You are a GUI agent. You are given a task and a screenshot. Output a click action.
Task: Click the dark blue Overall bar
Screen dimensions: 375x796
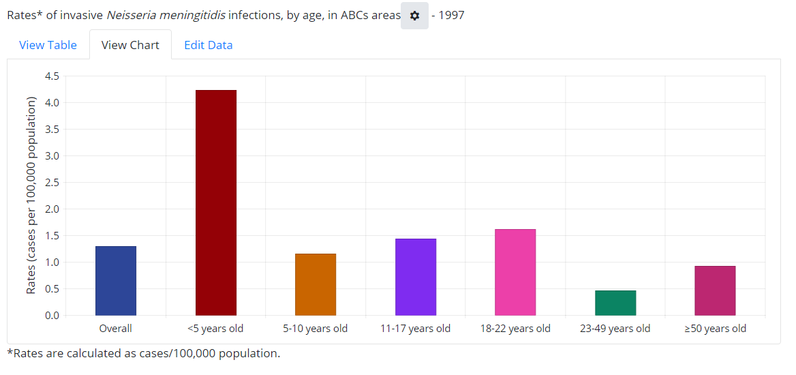click(x=116, y=280)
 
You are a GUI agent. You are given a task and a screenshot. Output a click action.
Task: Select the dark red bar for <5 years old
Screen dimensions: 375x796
click(x=215, y=202)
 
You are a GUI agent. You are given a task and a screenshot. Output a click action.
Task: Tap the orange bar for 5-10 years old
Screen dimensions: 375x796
click(x=316, y=284)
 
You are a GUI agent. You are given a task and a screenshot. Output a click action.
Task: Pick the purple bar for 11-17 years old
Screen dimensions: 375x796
click(x=416, y=277)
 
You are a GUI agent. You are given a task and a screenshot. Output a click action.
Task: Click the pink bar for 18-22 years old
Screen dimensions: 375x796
click(x=515, y=272)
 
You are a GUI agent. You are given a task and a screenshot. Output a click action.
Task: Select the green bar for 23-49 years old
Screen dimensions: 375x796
click(x=615, y=303)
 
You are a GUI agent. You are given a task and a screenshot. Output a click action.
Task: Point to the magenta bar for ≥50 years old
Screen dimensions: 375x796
click(x=715, y=290)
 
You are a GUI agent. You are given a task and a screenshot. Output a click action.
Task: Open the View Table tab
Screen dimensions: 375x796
click(x=48, y=45)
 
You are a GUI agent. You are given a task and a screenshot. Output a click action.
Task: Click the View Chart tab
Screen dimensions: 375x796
click(x=130, y=45)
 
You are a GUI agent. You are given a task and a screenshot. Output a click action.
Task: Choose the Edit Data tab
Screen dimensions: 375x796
click(x=209, y=45)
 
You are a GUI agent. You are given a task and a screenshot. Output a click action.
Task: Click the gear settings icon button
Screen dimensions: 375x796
click(x=414, y=16)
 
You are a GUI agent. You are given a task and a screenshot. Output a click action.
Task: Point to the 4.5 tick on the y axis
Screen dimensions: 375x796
click(x=52, y=76)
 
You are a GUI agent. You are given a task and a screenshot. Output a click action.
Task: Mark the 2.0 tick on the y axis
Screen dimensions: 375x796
click(x=52, y=209)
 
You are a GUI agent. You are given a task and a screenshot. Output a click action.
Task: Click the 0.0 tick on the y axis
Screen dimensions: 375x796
click(x=52, y=316)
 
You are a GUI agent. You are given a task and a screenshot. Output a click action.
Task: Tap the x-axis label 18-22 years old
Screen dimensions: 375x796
click(x=515, y=329)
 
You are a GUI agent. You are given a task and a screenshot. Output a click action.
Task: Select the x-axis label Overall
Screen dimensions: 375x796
click(x=116, y=329)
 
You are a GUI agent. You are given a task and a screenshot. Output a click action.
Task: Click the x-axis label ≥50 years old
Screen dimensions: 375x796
click(x=715, y=329)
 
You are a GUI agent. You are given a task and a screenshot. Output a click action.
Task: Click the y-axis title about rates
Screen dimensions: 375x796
click(x=31, y=196)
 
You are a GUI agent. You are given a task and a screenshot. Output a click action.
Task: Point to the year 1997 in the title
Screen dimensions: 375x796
click(x=451, y=15)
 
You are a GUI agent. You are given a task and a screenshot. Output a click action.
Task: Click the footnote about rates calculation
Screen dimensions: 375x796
click(x=144, y=353)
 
